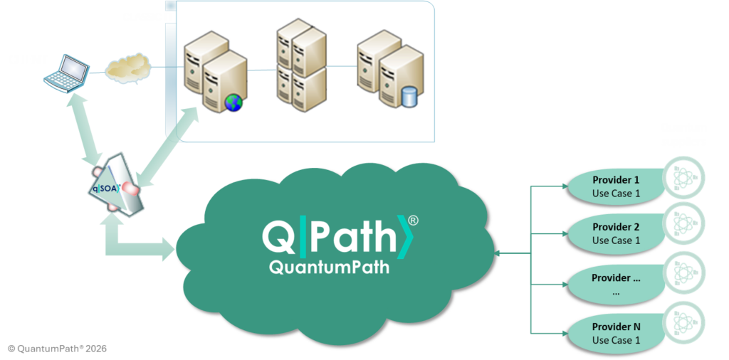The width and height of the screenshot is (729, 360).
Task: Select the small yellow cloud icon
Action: (x=128, y=70)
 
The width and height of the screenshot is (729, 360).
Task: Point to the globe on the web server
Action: (x=234, y=103)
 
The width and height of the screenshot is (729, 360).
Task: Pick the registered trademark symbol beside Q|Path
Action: (x=413, y=221)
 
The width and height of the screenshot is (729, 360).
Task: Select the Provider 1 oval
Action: (x=616, y=186)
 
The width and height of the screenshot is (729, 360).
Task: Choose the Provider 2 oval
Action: (x=616, y=233)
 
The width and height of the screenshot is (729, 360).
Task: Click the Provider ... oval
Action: (x=616, y=284)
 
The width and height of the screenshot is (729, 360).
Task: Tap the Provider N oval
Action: (x=616, y=333)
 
